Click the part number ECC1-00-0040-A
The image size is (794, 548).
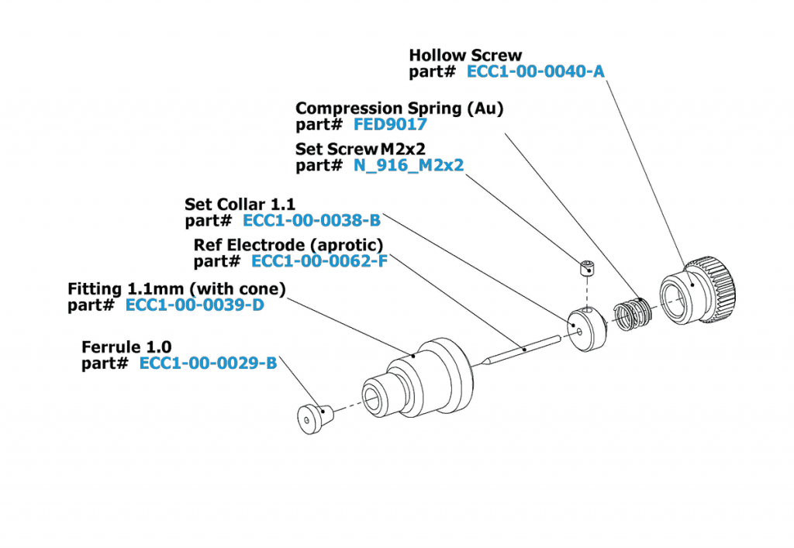(536, 72)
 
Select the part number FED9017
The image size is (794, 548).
(390, 125)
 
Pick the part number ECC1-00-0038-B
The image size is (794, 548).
(312, 220)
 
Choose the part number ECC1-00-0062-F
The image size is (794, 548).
(319, 261)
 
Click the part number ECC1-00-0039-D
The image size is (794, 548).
(195, 305)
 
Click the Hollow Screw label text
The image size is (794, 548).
(465, 56)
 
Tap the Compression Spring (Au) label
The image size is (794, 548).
(399, 109)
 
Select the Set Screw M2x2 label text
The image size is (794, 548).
(361, 149)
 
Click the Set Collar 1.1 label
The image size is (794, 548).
(240, 204)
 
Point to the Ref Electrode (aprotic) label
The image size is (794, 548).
(288, 245)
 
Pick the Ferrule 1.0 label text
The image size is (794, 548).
(126, 346)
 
